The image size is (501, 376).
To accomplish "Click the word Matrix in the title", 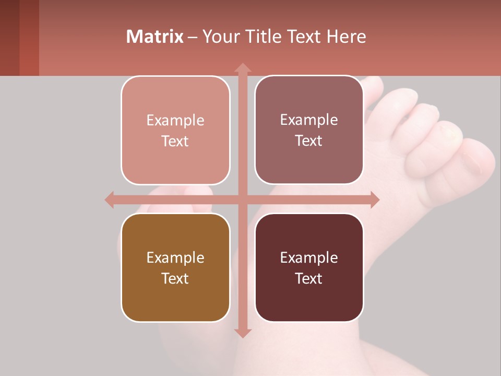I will (x=155, y=37).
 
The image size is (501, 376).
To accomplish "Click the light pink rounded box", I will (x=175, y=131).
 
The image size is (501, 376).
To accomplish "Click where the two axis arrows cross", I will (x=243, y=199).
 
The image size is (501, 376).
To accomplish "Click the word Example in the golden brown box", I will (x=175, y=257).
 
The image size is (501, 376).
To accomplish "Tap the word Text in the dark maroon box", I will (x=309, y=278).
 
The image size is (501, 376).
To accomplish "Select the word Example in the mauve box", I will (x=309, y=120).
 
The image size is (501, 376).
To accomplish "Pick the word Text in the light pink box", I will (x=175, y=141).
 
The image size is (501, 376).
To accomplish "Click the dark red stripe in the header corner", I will (x=29, y=38).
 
